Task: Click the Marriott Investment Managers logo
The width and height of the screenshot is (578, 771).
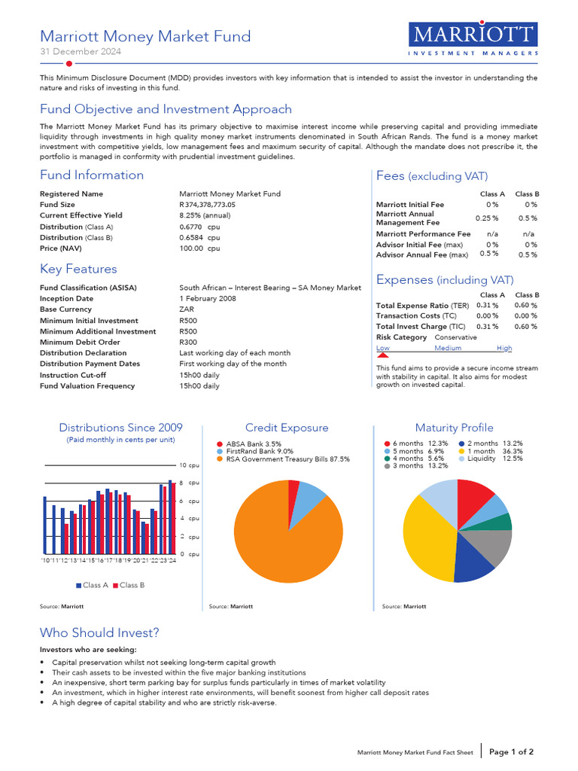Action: [x=473, y=40]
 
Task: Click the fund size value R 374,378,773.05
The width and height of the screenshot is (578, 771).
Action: [x=208, y=205]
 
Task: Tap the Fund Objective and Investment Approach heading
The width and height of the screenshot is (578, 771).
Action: [x=166, y=109]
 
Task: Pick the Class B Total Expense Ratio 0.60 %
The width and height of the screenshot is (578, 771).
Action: [x=525, y=306]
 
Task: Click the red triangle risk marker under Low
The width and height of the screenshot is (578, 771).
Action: [x=382, y=355]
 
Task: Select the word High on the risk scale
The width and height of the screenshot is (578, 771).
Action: [x=504, y=349]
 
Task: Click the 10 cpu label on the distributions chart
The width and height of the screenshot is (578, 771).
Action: [x=189, y=465]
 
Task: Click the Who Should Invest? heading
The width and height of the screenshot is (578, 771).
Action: [x=99, y=632]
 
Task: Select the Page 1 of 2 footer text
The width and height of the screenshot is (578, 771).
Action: [x=511, y=751]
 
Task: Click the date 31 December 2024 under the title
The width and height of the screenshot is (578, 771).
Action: [x=80, y=52]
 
